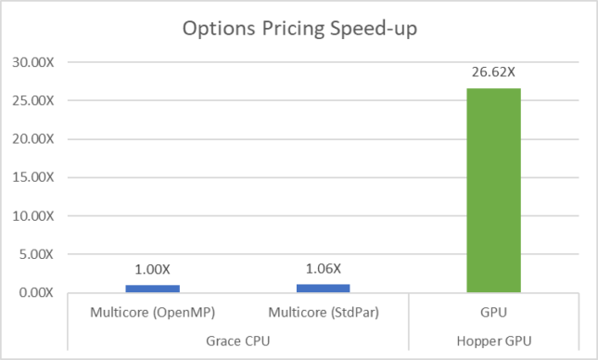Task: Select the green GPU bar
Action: point(494,190)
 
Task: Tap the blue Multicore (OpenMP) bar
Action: point(151,289)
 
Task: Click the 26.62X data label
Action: point(494,71)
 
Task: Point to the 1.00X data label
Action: point(151,268)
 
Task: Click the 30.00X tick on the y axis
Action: point(34,62)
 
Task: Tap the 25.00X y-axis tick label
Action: point(34,100)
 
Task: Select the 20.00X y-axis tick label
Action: point(34,139)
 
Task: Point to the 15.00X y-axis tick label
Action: point(34,177)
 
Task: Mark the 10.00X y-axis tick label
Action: point(34,216)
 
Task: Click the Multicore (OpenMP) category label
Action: point(151,313)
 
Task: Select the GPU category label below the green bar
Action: point(494,313)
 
